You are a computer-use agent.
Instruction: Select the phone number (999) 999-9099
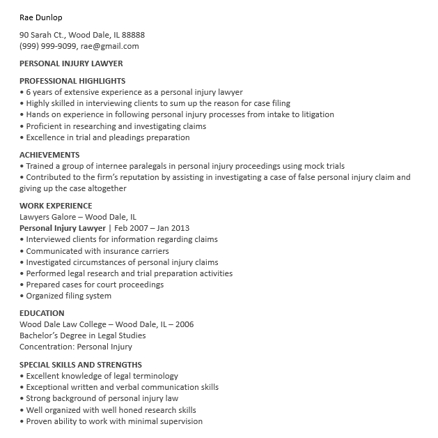click(47, 46)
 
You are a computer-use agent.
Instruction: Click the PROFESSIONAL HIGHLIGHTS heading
click(72, 81)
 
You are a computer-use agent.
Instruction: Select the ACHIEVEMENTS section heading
click(49, 155)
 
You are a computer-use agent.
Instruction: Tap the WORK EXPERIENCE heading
click(56, 206)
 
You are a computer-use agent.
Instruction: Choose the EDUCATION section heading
click(42, 313)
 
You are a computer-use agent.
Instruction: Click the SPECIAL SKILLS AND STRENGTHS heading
click(81, 365)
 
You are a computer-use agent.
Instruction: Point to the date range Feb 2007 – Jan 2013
click(151, 228)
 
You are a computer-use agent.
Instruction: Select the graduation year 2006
click(185, 324)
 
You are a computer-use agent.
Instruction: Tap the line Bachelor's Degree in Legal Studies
click(83, 335)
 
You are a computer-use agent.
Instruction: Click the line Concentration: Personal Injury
click(76, 347)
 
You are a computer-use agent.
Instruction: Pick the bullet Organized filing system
click(68, 296)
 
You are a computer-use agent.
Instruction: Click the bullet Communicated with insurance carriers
click(97, 251)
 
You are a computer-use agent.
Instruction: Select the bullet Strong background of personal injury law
click(102, 398)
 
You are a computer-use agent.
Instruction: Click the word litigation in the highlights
click(315, 114)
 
